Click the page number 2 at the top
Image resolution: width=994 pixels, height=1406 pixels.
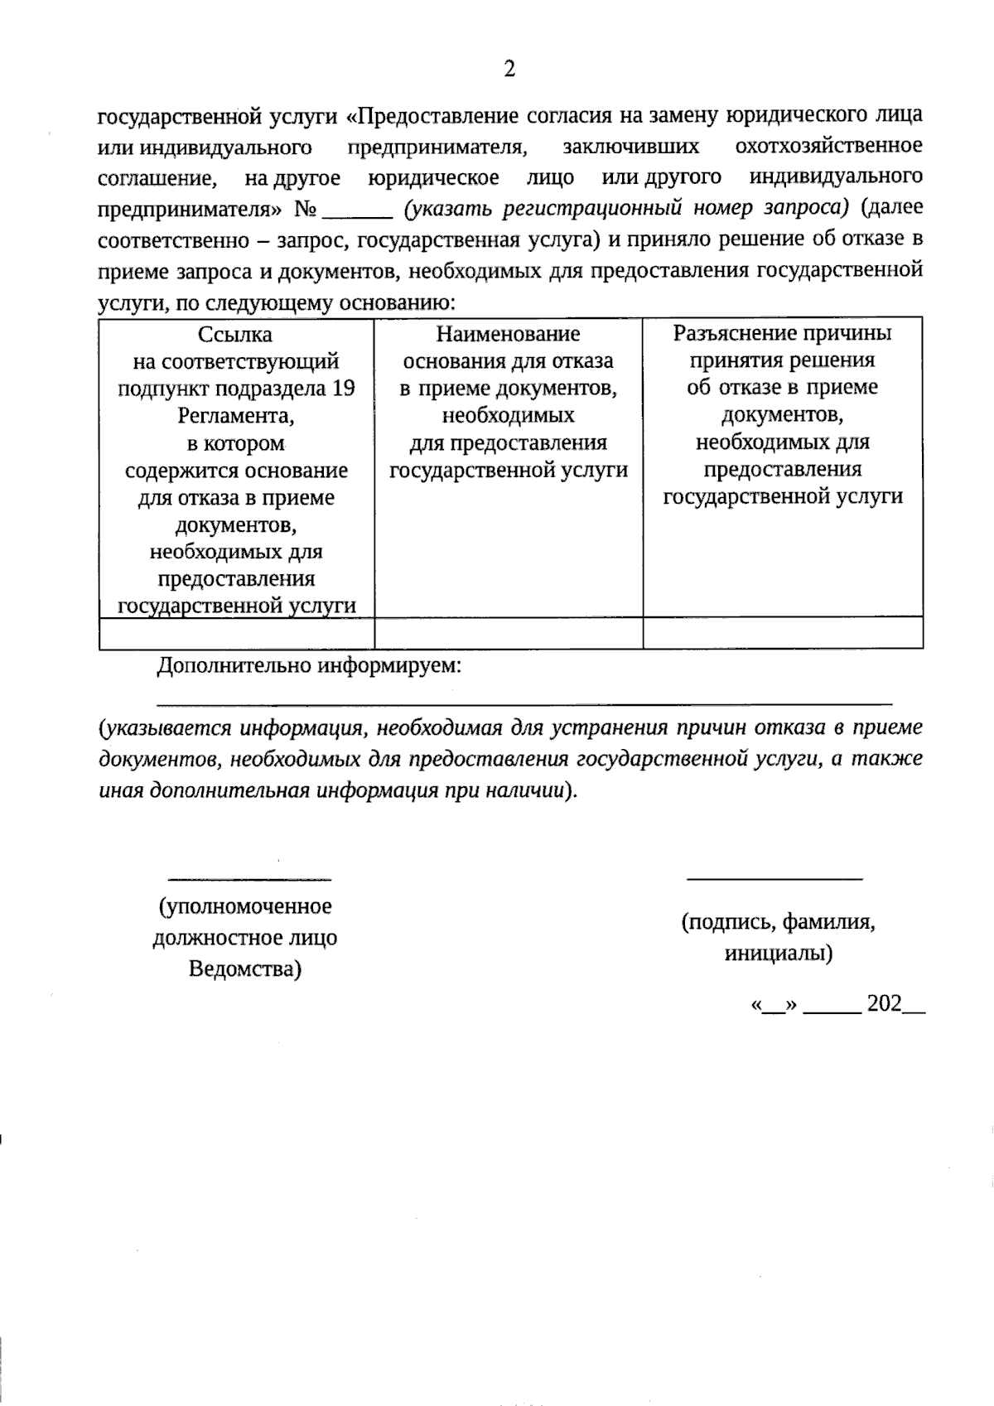(509, 69)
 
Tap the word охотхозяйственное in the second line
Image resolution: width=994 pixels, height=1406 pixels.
(828, 147)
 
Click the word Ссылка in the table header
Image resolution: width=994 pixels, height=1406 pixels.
(235, 335)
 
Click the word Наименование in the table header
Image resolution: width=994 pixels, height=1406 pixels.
(508, 334)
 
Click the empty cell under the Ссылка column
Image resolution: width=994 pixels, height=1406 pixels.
(236, 633)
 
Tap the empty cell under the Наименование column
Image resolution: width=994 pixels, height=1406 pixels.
(508, 633)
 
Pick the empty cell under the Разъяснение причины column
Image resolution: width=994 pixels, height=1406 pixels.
(782, 633)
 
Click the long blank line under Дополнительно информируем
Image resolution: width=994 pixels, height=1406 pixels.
(524, 703)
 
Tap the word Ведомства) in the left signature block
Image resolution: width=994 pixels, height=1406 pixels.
(244, 969)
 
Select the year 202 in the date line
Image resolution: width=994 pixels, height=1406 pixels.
(884, 1004)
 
